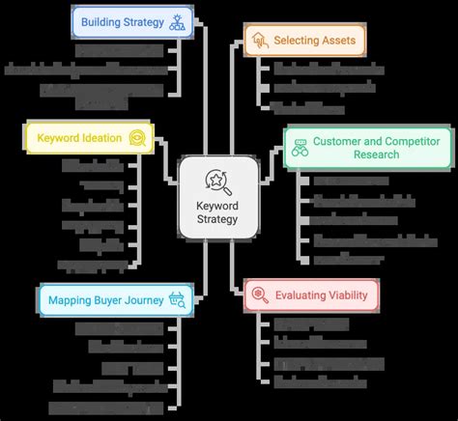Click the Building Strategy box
click(x=131, y=21)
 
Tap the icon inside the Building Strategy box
click(x=177, y=21)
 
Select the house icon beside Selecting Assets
click(x=258, y=40)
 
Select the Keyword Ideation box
click(x=86, y=137)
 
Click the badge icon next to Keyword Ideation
click(x=138, y=137)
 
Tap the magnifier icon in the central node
click(x=218, y=180)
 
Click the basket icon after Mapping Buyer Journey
click(x=177, y=300)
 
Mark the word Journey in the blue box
click(x=144, y=300)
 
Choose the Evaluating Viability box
click(x=311, y=295)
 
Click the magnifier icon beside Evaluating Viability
click(x=260, y=295)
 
